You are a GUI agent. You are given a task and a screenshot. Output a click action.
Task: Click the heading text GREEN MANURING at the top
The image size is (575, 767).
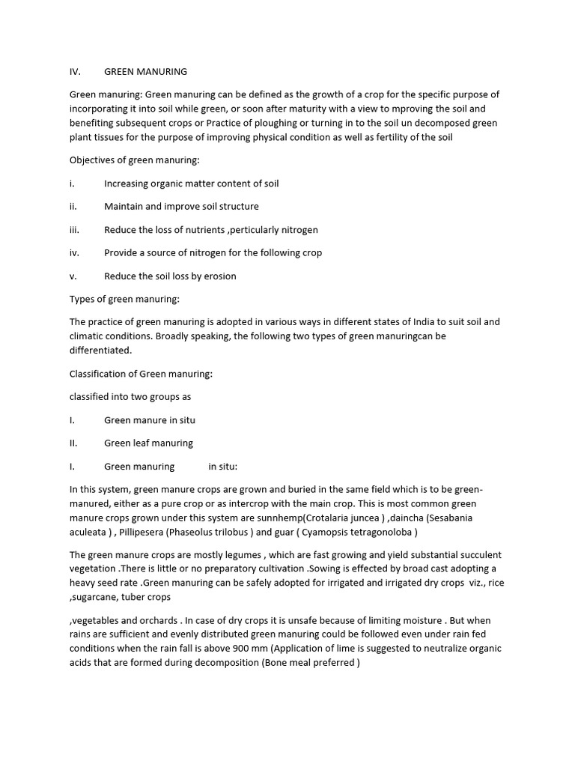(x=145, y=72)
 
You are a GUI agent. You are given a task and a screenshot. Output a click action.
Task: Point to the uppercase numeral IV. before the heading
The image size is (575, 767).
(x=75, y=72)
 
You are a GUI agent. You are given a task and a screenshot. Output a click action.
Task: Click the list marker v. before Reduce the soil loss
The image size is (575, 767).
(x=73, y=276)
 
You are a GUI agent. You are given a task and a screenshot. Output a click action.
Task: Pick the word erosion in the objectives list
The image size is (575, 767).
(x=219, y=276)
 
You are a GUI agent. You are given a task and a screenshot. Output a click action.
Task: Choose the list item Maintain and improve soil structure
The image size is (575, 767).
(x=181, y=207)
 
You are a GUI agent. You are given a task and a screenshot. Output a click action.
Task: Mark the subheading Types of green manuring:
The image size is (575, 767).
(x=124, y=300)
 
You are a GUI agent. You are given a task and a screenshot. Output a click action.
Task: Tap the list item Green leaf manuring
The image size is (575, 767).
(x=148, y=443)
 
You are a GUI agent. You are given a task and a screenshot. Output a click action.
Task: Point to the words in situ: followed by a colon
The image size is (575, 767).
(x=222, y=467)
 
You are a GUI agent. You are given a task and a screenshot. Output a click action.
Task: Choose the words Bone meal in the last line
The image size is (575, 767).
(x=289, y=664)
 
